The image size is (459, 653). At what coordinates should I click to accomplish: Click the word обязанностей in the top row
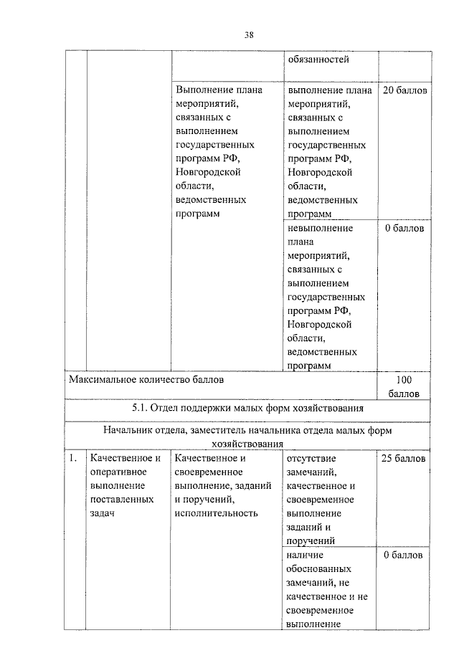tap(318, 59)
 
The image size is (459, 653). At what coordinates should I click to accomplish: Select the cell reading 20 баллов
tap(404, 92)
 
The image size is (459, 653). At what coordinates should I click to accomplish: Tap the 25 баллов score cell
tap(404, 458)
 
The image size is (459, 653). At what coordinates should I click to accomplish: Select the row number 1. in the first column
tap(72, 458)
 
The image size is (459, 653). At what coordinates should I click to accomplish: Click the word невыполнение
tap(320, 229)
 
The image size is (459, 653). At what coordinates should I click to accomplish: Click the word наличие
tap(306, 555)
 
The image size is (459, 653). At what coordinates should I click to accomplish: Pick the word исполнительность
tap(216, 513)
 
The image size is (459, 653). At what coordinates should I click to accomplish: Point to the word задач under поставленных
tap(103, 513)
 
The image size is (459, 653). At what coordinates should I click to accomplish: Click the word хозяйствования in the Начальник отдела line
tap(247, 444)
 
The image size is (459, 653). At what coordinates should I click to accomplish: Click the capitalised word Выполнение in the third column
tap(206, 91)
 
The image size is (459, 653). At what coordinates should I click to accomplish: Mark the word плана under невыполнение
tap(301, 242)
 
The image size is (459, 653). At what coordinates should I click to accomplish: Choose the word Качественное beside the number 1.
tap(123, 458)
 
